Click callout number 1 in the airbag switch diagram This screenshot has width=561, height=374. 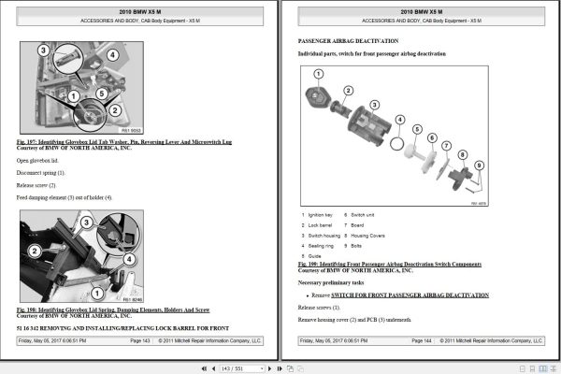coord(317,73)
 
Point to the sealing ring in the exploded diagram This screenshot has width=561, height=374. coord(399,145)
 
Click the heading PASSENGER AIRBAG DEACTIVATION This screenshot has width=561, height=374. coord(348,42)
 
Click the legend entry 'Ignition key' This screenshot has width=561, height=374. coord(324,215)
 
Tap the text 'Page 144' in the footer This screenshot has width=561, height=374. coord(421,341)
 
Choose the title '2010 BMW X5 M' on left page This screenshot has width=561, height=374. coord(138,9)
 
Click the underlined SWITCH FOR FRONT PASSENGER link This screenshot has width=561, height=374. coord(411,295)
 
